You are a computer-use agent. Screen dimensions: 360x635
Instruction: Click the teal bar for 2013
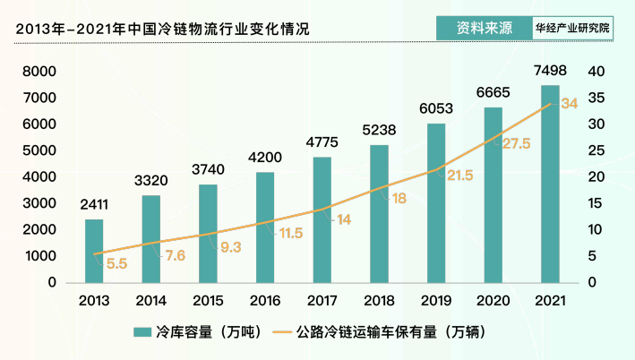(94, 252)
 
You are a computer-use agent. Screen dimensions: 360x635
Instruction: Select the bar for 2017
(322, 220)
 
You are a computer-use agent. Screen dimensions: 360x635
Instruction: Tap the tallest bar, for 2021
(549, 184)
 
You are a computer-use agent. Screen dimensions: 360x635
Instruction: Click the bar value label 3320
(151, 181)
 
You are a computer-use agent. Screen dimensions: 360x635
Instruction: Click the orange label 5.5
(116, 263)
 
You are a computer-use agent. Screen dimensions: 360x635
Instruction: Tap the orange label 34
(569, 104)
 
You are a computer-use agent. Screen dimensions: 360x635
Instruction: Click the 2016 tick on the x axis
(265, 301)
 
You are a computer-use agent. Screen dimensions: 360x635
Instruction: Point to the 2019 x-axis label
(435, 301)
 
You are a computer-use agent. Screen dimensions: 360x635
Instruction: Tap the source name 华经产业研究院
(573, 27)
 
